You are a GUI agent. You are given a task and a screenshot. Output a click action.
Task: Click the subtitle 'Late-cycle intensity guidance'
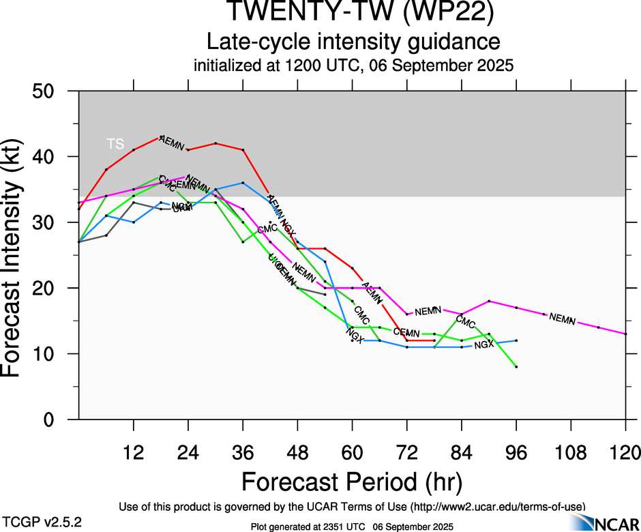pyautogui.click(x=353, y=42)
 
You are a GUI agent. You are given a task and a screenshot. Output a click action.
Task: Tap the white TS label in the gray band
pyautogui.click(x=116, y=143)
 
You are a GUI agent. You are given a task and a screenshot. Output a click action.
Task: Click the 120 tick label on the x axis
pyautogui.click(x=626, y=452)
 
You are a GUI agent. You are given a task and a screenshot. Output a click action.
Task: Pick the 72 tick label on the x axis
pyautogui.click(x=407, y=452)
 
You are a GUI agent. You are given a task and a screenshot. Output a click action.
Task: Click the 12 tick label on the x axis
pyautogui.click(x=133, y=452)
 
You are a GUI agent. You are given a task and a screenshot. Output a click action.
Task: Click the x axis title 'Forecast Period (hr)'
pyautogui.click(x=352, y=482)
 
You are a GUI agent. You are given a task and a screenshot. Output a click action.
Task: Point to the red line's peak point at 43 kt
pyautogui.click(x=161, y=137)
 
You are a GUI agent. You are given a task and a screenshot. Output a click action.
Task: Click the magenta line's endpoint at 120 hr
pyautogui.click(x=626, y=334)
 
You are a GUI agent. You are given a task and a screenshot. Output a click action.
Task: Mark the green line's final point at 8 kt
pyautogui.click(x=516, y=367)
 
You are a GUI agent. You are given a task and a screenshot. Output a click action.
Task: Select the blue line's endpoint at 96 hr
pyautogui.click(x=516, y=340)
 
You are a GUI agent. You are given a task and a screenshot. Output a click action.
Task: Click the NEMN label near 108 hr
pyautogui.click(x=562, y=319)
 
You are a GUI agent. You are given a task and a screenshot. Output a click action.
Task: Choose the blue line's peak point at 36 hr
pyautogui.click(x=243, y=183)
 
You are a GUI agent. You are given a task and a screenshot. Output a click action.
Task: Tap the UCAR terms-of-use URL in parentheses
pyautogui.click(x=496, y=507)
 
